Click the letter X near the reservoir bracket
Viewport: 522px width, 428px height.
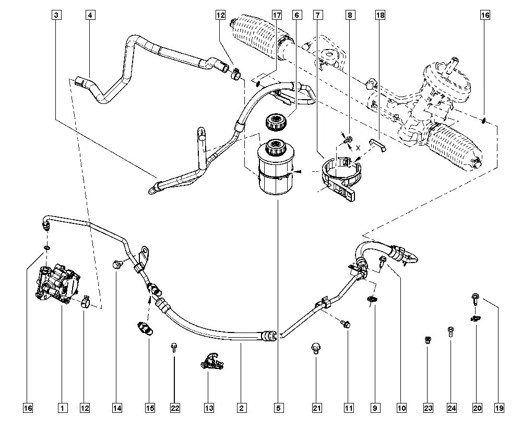click(x=358, y=147)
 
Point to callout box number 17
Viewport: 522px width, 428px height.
click(x=277, y=15)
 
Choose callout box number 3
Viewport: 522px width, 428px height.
click(x=57, y=15)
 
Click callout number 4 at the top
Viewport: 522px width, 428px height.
click(x=90, y=15)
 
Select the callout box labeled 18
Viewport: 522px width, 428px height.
click(x=380, y=15)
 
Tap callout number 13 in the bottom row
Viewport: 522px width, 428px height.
click(x=209, y=408)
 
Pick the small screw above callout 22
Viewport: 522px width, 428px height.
click(x=173, y=347)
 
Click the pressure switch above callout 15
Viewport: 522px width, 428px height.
click(x=145, y=327)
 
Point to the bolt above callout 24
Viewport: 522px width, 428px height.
click(x=450, y=332)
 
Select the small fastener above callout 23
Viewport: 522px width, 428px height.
click(x=428, y=340)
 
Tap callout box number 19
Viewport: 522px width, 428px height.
click(x=499, y=408)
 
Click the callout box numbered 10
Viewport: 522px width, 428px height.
click(x=401, y=408)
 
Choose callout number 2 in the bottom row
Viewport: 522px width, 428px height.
click(x=241, y=408)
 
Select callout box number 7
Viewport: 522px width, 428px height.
click(x=317, y=15)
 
